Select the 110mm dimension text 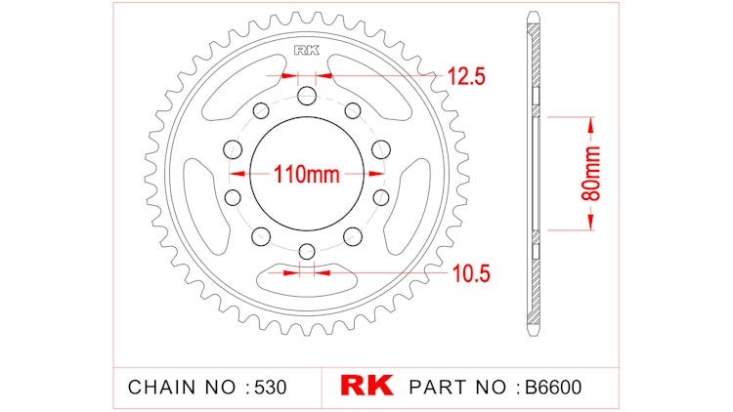[x=306, y=176]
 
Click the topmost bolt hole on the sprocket [x=306, y=96]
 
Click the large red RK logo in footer [x=366, y=386]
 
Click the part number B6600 [x=550, y=387]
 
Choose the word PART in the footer [x=440, y=387]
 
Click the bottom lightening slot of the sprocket [x=306, y=280]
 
